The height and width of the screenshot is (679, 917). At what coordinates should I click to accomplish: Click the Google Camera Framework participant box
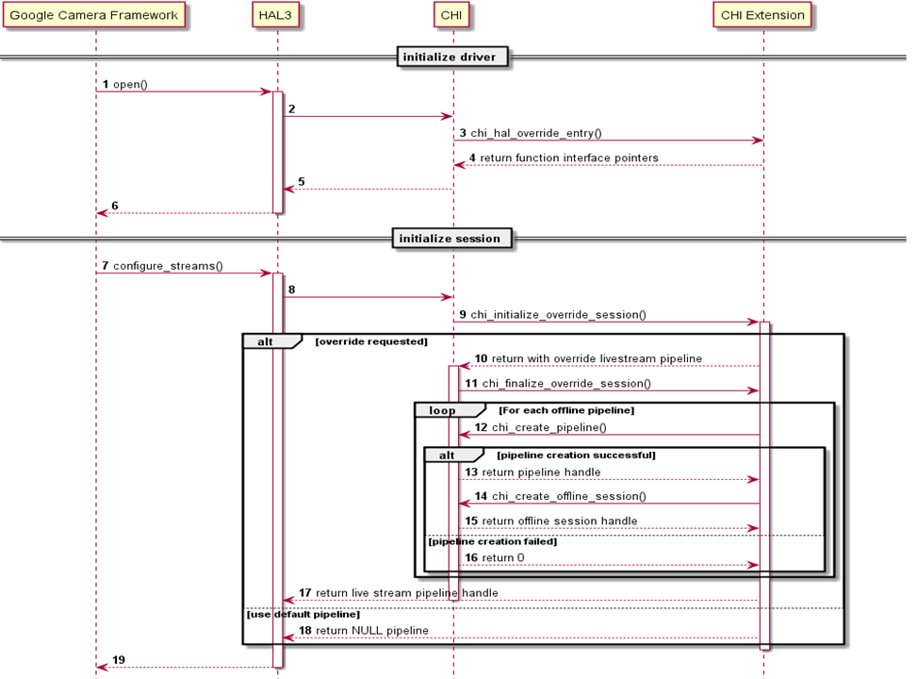point(94,15)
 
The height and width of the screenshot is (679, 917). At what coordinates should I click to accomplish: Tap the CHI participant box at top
point(452,15)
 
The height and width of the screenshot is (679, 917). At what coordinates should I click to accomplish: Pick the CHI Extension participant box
point(762,15)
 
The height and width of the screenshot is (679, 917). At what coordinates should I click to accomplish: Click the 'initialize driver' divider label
point(453,58)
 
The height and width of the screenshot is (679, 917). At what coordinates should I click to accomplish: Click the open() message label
point(130,85)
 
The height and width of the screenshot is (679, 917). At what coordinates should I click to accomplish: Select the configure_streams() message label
point(168,266)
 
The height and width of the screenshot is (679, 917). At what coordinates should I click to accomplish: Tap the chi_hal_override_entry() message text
point(535,134)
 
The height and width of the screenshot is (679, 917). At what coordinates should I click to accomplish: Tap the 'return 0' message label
point(502,558)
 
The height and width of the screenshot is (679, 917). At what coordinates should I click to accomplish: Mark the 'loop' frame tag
point(441,411)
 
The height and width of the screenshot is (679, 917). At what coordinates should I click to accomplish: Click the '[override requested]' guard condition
point(370,341)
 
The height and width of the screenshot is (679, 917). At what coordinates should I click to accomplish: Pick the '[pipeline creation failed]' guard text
point(492,541)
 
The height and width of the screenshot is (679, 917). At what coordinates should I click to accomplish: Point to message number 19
point(119,660)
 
